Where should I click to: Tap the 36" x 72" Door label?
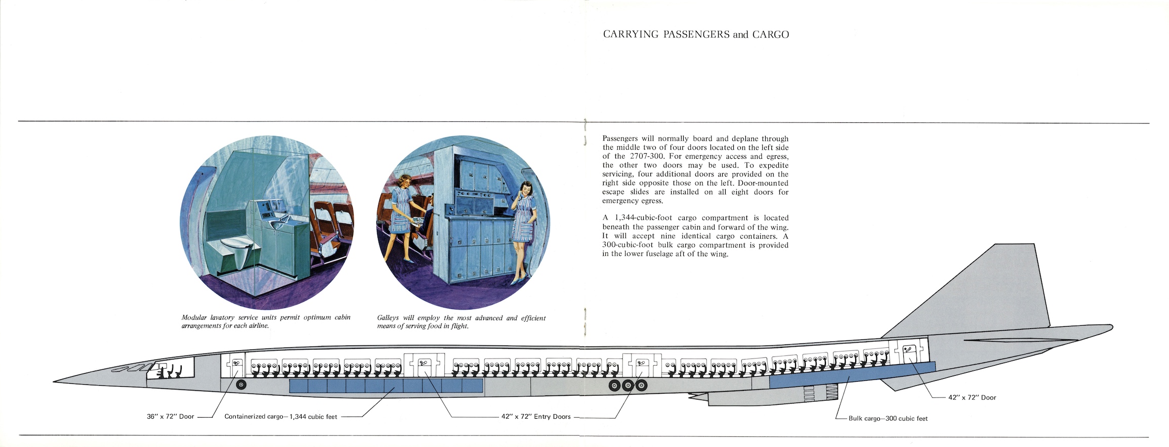(x=171, y=417)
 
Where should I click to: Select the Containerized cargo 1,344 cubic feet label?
(x=281, y=417)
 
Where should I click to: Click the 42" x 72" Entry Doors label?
(x=536, y=417)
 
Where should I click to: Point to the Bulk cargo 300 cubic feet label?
(x=888, y=418)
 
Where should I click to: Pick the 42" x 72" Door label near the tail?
(x=972, y=397)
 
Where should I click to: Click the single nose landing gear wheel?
(x=241, y=385)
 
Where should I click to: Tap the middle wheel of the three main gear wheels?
(x=628, y=386)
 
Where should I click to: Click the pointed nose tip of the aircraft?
(x=56, y=381)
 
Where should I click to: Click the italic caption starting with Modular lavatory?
(x=266, y=322)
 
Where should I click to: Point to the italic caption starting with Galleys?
(x=461, y=322)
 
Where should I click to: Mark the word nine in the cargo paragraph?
(x=667, y=236)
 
